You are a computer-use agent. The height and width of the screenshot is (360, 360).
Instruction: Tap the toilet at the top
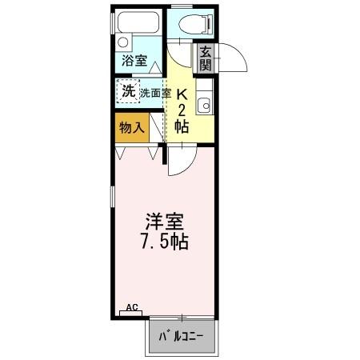tap(186, 24)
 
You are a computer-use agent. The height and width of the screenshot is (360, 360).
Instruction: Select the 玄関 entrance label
tap(206, 58)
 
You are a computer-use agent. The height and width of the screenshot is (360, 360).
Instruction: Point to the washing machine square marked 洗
tap(128, 91)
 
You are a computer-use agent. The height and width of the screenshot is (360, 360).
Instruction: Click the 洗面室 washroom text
tap(155, 93)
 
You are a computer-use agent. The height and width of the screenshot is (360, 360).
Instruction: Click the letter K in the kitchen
tap(182, 92)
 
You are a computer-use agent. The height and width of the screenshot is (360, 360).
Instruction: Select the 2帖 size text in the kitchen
tap(182, 118)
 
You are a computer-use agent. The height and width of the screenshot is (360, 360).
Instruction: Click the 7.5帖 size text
tap(166, 240)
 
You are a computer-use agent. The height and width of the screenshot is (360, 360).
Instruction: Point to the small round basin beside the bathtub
tap(122, 42)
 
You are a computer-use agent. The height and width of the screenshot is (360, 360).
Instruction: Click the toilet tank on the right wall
tap(209, 24)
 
